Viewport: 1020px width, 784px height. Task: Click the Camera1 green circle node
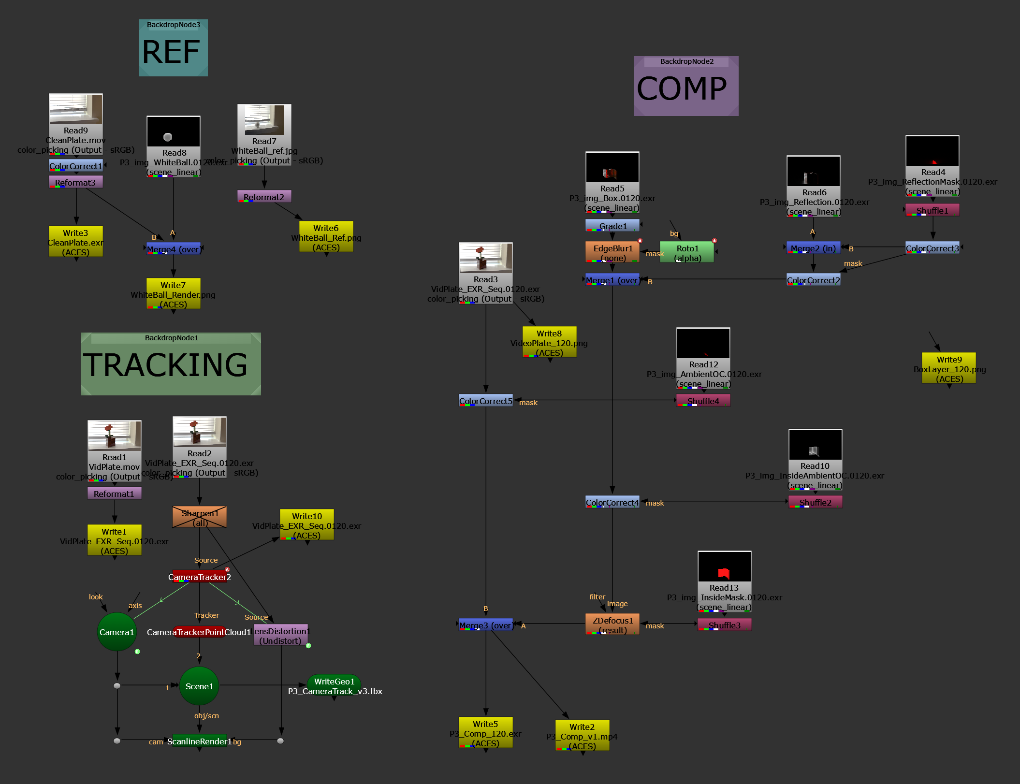(x=117, y=632)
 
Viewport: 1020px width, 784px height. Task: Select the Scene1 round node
(x=199, y=686)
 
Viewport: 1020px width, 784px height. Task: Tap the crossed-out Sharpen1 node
(x=200, y=517)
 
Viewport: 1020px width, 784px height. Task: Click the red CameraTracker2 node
(x=200, y=577)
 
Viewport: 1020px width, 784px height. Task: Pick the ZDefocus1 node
(x=612, y=624)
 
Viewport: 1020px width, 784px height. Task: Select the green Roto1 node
(x=687, y=252)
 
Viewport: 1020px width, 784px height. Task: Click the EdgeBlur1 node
(x=612, y=252)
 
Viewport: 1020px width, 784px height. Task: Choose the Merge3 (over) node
(x=485, y=625)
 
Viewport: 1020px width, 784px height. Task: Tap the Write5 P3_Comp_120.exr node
(x=485, y=733)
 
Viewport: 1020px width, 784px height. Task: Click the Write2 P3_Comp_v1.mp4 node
(x=582, y=736)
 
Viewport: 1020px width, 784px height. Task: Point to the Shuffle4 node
(x=703, y=401)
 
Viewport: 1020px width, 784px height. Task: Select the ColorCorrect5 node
(x=485, y=401)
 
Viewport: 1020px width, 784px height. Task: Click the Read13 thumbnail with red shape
(x=724, y=566)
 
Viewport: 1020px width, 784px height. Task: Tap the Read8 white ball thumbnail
(x=174, y=131)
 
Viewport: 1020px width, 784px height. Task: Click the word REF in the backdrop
(x=171, y=52)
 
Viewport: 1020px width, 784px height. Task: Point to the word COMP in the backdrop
(x=682, y=89)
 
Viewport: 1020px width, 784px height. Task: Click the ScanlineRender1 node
(x=199, y=741)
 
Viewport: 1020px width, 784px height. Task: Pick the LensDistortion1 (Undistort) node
(x=280, y=636)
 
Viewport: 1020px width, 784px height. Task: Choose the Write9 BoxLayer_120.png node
(x=948, y=368)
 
